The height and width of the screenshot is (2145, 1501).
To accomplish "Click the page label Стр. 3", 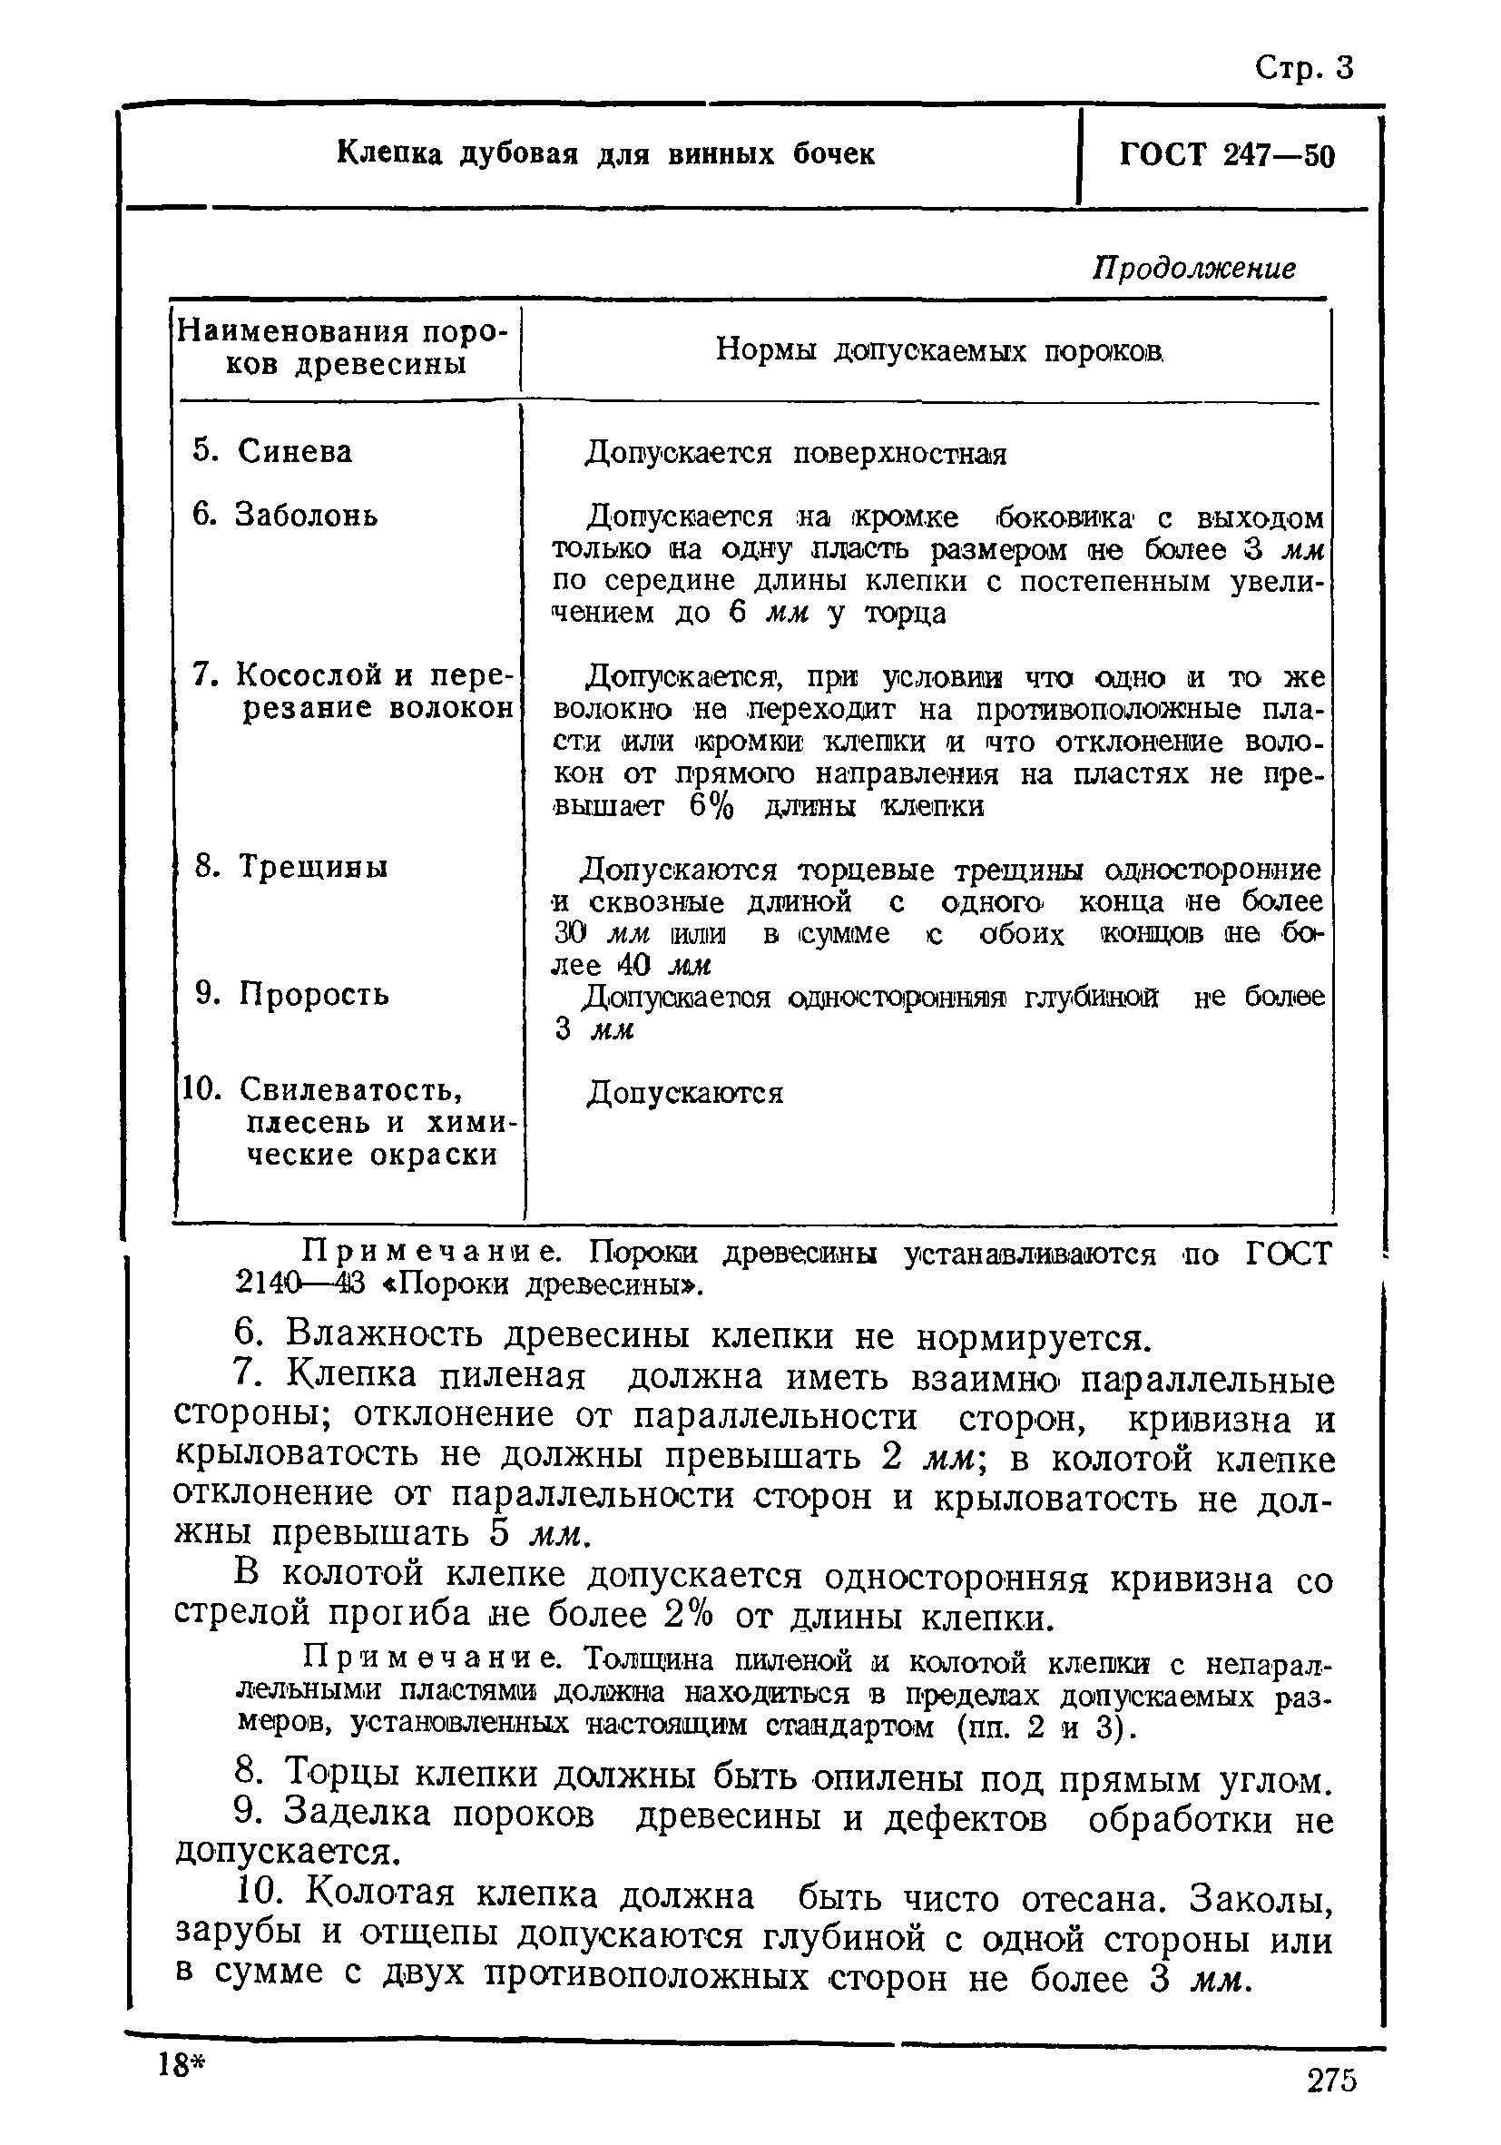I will pos(1303,69).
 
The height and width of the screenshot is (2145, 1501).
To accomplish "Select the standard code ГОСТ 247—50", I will pos(1226,155).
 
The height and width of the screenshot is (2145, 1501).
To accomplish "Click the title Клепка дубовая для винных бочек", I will pos(605,153).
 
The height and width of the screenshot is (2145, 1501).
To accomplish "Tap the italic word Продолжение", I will pos(1193,269).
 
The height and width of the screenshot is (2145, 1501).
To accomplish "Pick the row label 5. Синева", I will pos(272,451).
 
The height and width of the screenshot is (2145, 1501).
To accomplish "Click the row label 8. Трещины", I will pos(290,866).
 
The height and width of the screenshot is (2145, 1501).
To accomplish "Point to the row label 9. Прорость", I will pos(291,993).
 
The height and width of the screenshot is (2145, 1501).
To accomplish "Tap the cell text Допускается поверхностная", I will pos(796,454).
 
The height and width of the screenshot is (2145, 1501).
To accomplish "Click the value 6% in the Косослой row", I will pos(711,806).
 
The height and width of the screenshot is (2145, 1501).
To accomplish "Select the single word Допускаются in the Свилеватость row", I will pos(684,1092).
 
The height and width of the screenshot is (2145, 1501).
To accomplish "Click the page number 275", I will pos(1331,2107).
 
